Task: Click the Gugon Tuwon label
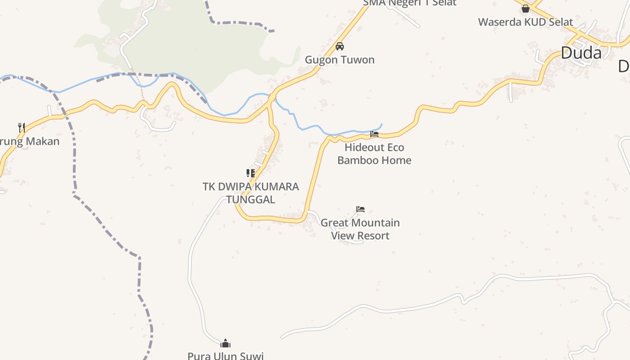(340, 60)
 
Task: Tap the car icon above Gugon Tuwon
(340, 46)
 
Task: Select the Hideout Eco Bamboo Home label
(374, 154)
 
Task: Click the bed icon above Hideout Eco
(374, 134)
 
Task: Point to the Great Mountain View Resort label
(360, 229)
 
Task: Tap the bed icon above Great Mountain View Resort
(360, 209)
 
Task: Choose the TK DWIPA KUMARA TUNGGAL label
(251, 193)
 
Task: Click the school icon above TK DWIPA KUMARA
(251, 173)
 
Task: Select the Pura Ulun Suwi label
(225, 355)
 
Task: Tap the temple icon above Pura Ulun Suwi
(225, 344)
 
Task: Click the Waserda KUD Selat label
(526, 22)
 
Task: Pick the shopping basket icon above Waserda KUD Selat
(525, 9)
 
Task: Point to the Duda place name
(581, 53)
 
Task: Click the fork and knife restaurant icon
(21, 127)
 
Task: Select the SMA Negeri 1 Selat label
(409, 3)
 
